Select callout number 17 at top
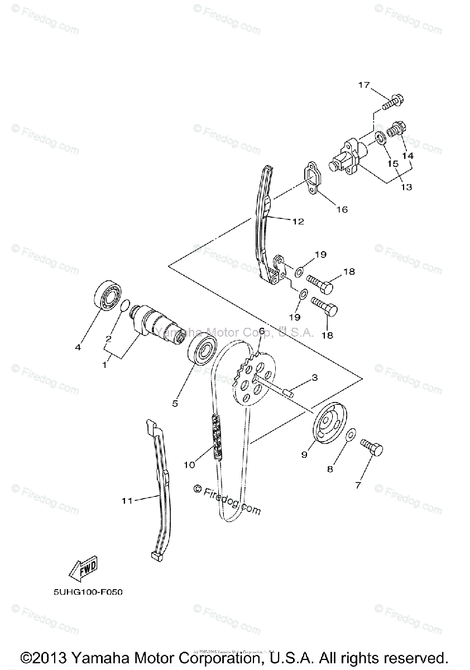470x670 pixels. coord(364,85)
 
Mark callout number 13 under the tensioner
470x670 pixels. coord(406,187)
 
